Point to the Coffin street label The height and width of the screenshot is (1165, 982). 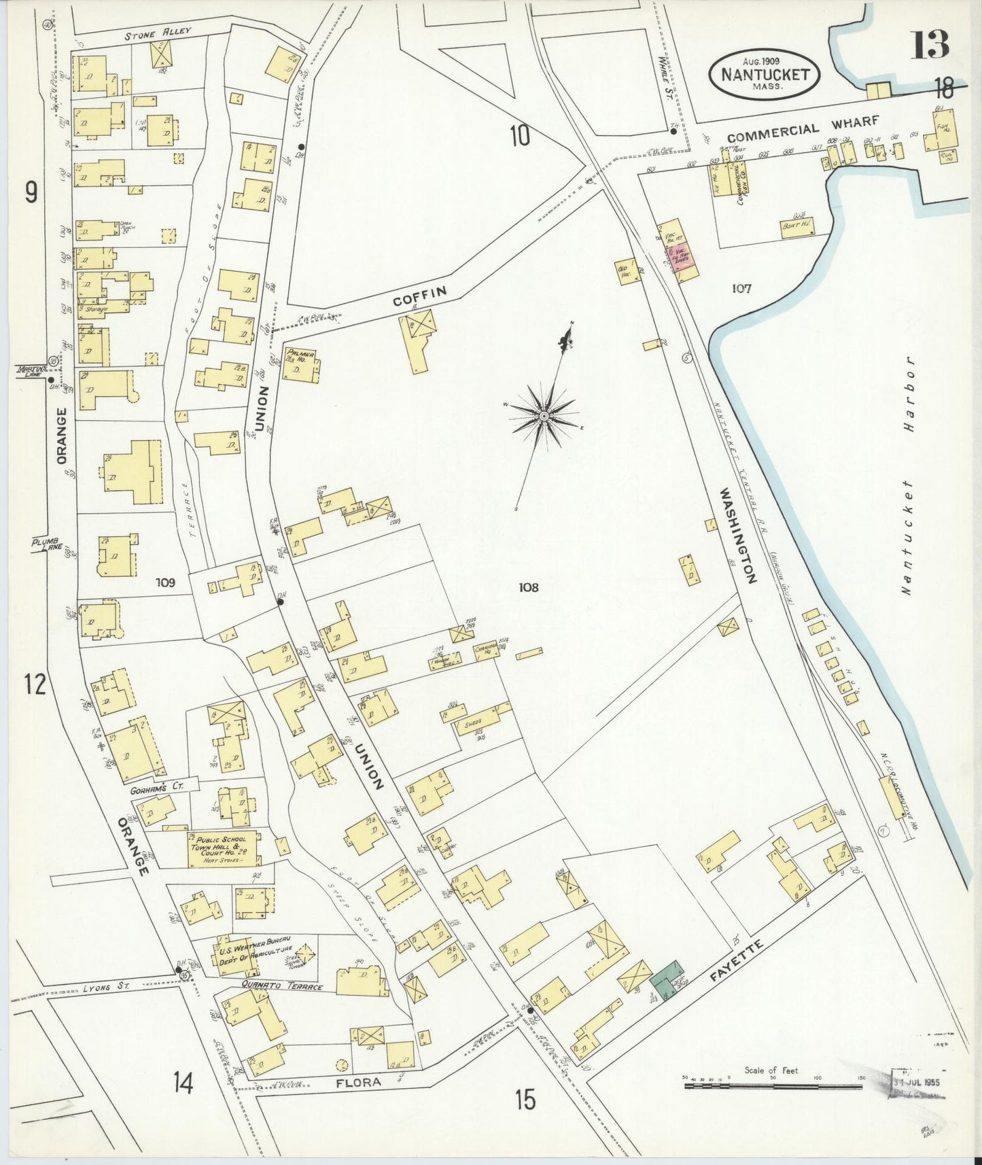coord(421,297)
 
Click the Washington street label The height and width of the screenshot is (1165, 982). coord(739,535)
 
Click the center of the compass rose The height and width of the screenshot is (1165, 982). coord(544,415)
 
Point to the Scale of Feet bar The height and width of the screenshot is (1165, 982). coord(773,1085)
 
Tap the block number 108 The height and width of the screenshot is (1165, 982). coord(528,587)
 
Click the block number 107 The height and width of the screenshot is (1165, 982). coord(741,288)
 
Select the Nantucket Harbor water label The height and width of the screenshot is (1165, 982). coord(909,476)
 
